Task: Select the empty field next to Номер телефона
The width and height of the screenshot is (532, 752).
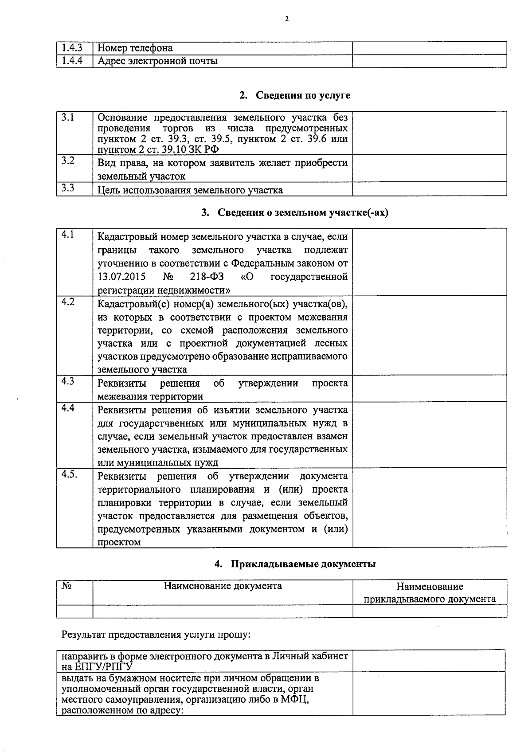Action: [x=429, y=48]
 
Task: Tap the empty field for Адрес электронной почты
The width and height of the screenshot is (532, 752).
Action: [x=429, y=61]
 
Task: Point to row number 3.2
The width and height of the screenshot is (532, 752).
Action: [x=68, y=161]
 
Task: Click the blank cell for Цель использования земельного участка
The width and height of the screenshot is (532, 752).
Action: [x=429, y=189]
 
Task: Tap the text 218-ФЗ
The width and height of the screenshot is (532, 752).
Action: [x=207, y=277]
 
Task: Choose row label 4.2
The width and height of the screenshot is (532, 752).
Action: [x=68, y=302]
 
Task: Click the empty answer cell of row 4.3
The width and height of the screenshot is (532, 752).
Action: [x=429, y=388]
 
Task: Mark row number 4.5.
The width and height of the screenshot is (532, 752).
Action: [x=70, y=474]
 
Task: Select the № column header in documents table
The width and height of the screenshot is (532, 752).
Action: [x=66, y=586]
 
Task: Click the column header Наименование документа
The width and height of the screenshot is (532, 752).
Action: [x=223, y=586]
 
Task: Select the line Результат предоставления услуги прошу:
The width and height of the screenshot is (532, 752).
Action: [x=156, y=634]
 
